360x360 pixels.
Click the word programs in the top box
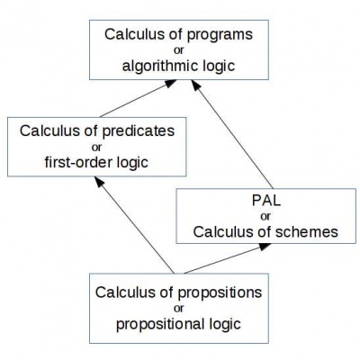click(x=220, y=35)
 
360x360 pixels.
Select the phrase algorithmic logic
click(x=178, y=67)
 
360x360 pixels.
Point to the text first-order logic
click(x=96, y=162)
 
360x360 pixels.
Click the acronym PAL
click(x=266, y=201)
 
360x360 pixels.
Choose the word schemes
click(x=307, y=232)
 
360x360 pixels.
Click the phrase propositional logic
click(x=178, y=324)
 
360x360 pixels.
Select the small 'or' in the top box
click(x=178, y=50)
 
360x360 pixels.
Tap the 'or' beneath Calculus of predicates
click(x=96, y=148)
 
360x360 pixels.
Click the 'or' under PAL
click(x=265, y=217)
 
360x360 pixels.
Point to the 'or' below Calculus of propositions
click(x=178, y=309)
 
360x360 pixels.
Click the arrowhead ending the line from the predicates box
click(x=171, y=83)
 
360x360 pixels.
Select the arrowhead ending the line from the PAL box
click(x=195, y=85)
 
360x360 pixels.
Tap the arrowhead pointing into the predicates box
click(x=99, y=182)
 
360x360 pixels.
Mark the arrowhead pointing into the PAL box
click(x=265, y=247)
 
